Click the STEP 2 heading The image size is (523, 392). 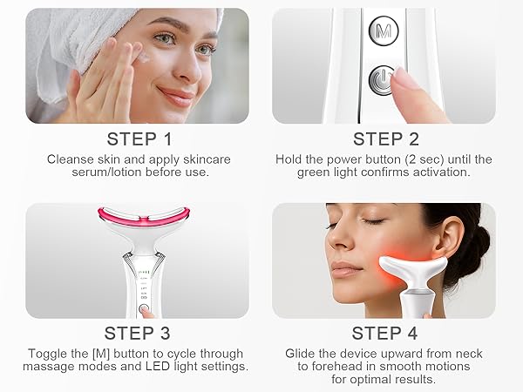385,139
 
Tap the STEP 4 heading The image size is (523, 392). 385,334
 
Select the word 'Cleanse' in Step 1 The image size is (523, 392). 71,159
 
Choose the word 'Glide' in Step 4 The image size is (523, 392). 302,354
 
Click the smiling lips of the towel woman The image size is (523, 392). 176,94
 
